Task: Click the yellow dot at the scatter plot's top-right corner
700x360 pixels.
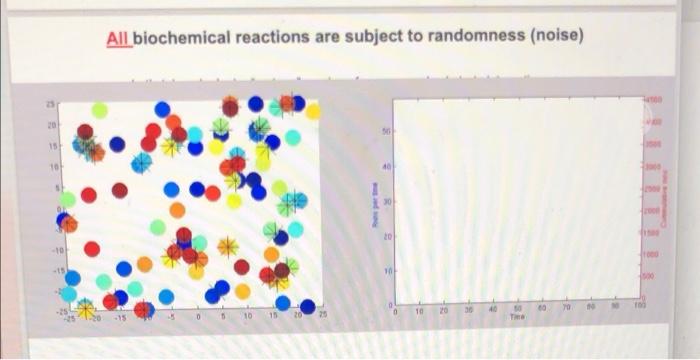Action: tap(313, 111)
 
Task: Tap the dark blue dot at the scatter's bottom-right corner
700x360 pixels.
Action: tap(307, 307)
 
